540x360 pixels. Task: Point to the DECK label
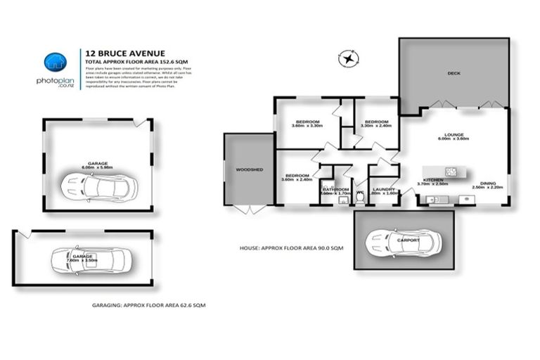(x=453, y=73)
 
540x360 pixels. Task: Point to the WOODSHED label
(x=248, y=169)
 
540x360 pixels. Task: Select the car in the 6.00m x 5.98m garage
(x=98, y=186)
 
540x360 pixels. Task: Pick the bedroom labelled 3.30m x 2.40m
(x=375, y=123)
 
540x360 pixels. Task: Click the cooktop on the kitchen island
(x=451, y=171)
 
